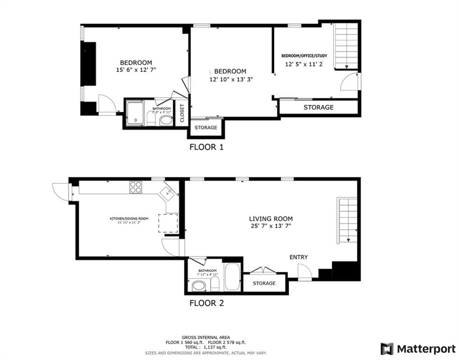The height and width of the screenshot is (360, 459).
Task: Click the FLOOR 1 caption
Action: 206,147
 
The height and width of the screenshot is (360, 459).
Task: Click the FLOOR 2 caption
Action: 206,303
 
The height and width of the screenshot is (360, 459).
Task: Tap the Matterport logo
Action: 418,349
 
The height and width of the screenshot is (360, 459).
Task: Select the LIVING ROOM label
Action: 271,218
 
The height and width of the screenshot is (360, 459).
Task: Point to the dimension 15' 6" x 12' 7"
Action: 136,70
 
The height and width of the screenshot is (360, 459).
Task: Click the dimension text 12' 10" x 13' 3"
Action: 231,79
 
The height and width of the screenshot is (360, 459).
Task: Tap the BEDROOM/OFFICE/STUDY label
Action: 304,56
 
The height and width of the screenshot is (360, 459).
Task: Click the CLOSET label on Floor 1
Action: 182,113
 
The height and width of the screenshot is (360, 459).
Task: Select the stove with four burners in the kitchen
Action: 135,187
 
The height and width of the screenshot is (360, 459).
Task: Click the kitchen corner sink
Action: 167,192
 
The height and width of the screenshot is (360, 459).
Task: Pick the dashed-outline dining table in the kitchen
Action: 168,223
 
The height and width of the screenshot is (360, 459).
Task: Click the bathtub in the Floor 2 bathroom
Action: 232,277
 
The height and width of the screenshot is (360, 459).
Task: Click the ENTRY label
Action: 298,257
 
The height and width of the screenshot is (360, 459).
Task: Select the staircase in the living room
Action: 347,220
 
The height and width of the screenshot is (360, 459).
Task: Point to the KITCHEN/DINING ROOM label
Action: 129,219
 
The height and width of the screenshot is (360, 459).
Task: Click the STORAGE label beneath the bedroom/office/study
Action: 318,107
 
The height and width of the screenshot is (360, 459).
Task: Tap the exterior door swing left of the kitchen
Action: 60,190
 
